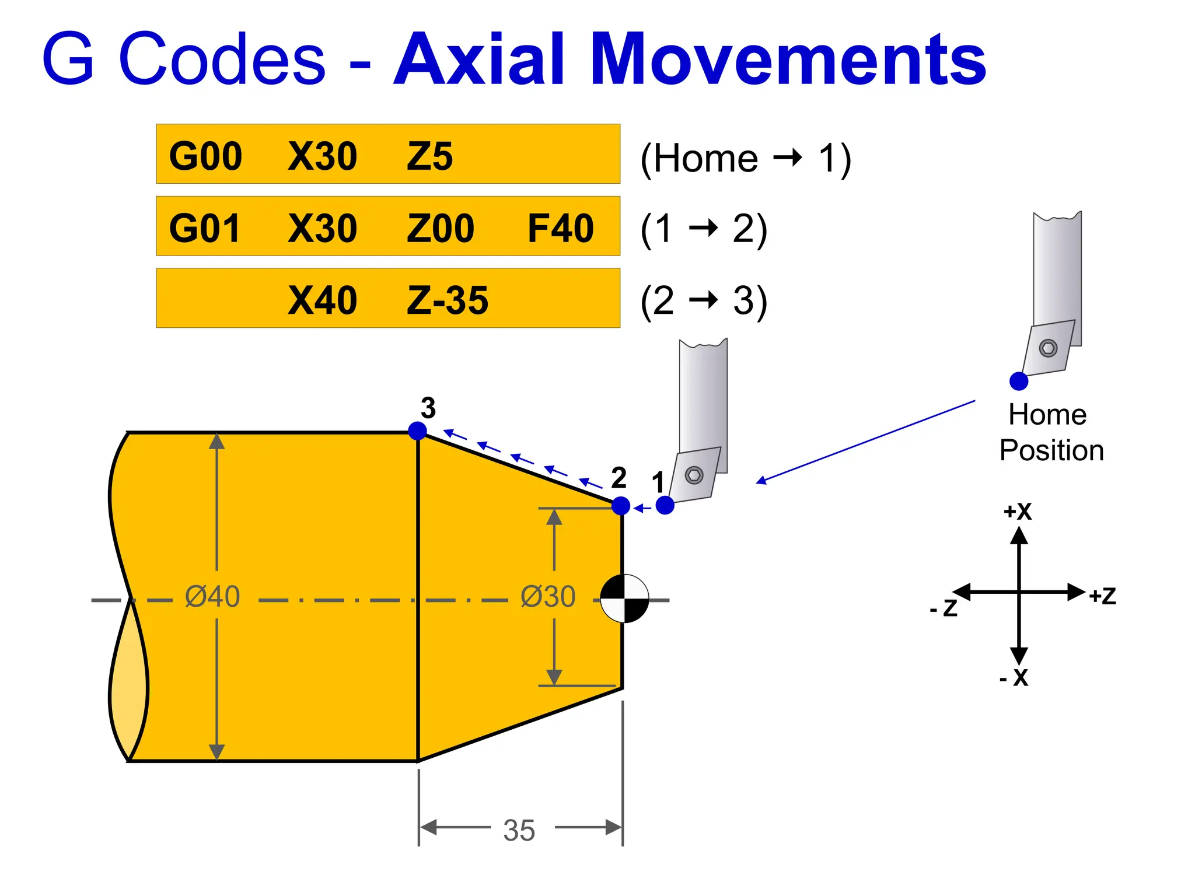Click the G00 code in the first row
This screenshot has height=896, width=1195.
(x=205, y=156)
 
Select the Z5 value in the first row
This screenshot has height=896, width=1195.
(x=429, y=156)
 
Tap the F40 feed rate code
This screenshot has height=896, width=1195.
(x=560, y=228)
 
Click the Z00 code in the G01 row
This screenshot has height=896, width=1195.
(x=441, y=228)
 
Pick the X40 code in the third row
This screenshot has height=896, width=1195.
(x=322, y=300)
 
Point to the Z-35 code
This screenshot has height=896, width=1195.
(x=448, y=300)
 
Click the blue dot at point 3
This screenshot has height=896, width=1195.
(x=417, y=431)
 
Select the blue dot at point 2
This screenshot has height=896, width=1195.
(x=621, y=506)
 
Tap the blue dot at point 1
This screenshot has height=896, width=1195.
(x=665, y=505)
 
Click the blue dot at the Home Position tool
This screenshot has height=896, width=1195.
(x=1019, y=381)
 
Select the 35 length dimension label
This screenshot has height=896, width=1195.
(x=519, y=830)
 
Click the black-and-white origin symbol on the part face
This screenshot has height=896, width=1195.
(x=624, y=599)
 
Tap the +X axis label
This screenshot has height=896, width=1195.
(x=1018, y=512)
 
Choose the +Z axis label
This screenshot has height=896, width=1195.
(x=1102, y=596)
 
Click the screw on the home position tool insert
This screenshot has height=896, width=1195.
(x=1048, y=348)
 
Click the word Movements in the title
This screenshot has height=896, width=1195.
(x=788, y=59)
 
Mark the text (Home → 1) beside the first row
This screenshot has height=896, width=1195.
(x=746, y=158)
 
